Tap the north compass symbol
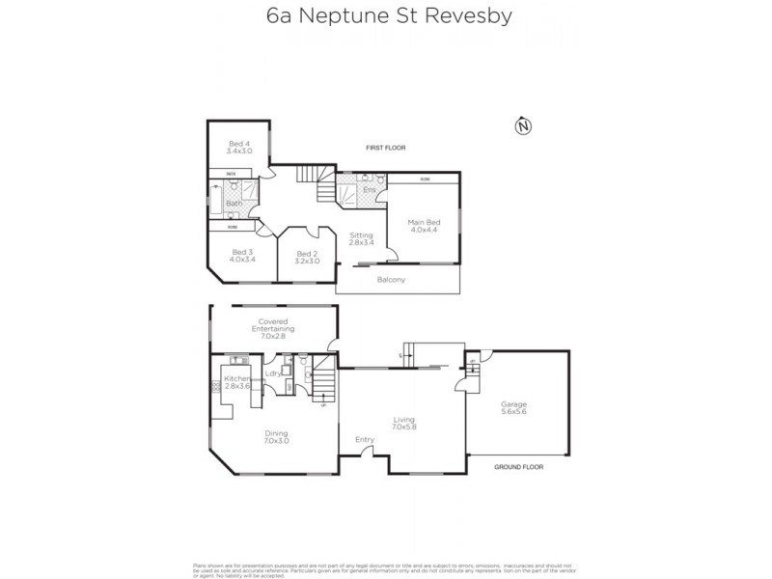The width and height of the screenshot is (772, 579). (x=523, y=125)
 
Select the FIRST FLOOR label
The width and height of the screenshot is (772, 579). (x=385, y=148)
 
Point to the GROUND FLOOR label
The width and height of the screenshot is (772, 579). (x=517, y=465)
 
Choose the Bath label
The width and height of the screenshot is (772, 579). (x=234, y=204)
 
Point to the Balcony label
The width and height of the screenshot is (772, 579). (x=392, y=280)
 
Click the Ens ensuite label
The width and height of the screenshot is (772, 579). (x=369, y=190)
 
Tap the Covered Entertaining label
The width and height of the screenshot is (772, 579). (x=273, y=325)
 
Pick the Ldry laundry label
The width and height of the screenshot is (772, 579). (x=272, y=372)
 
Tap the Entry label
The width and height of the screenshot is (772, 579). (x=364, y=440)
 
